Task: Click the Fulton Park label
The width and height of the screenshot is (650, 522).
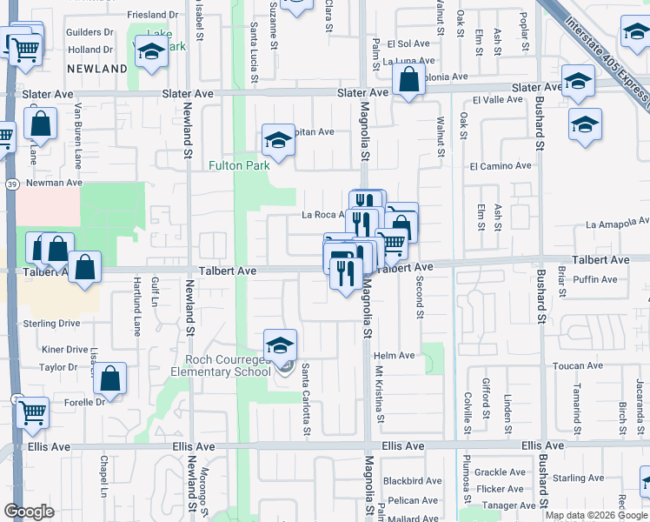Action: pyautogui.click(x=238, y=164)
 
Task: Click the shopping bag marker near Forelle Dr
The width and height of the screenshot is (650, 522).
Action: pyautogui.click(x=109, y=378)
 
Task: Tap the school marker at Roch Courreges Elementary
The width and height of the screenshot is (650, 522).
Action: pyautogui.click(x=280, y=345)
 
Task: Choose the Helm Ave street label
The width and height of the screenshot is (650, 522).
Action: pyautogui.click(x=395, y=356)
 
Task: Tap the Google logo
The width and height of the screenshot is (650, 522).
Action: pyautogui.click(x=30, y=512)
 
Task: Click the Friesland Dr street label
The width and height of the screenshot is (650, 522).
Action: pyautogui.click(x=152, y=15)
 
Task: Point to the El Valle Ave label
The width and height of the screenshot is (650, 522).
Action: pyautogui.click(x=497, y=100)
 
